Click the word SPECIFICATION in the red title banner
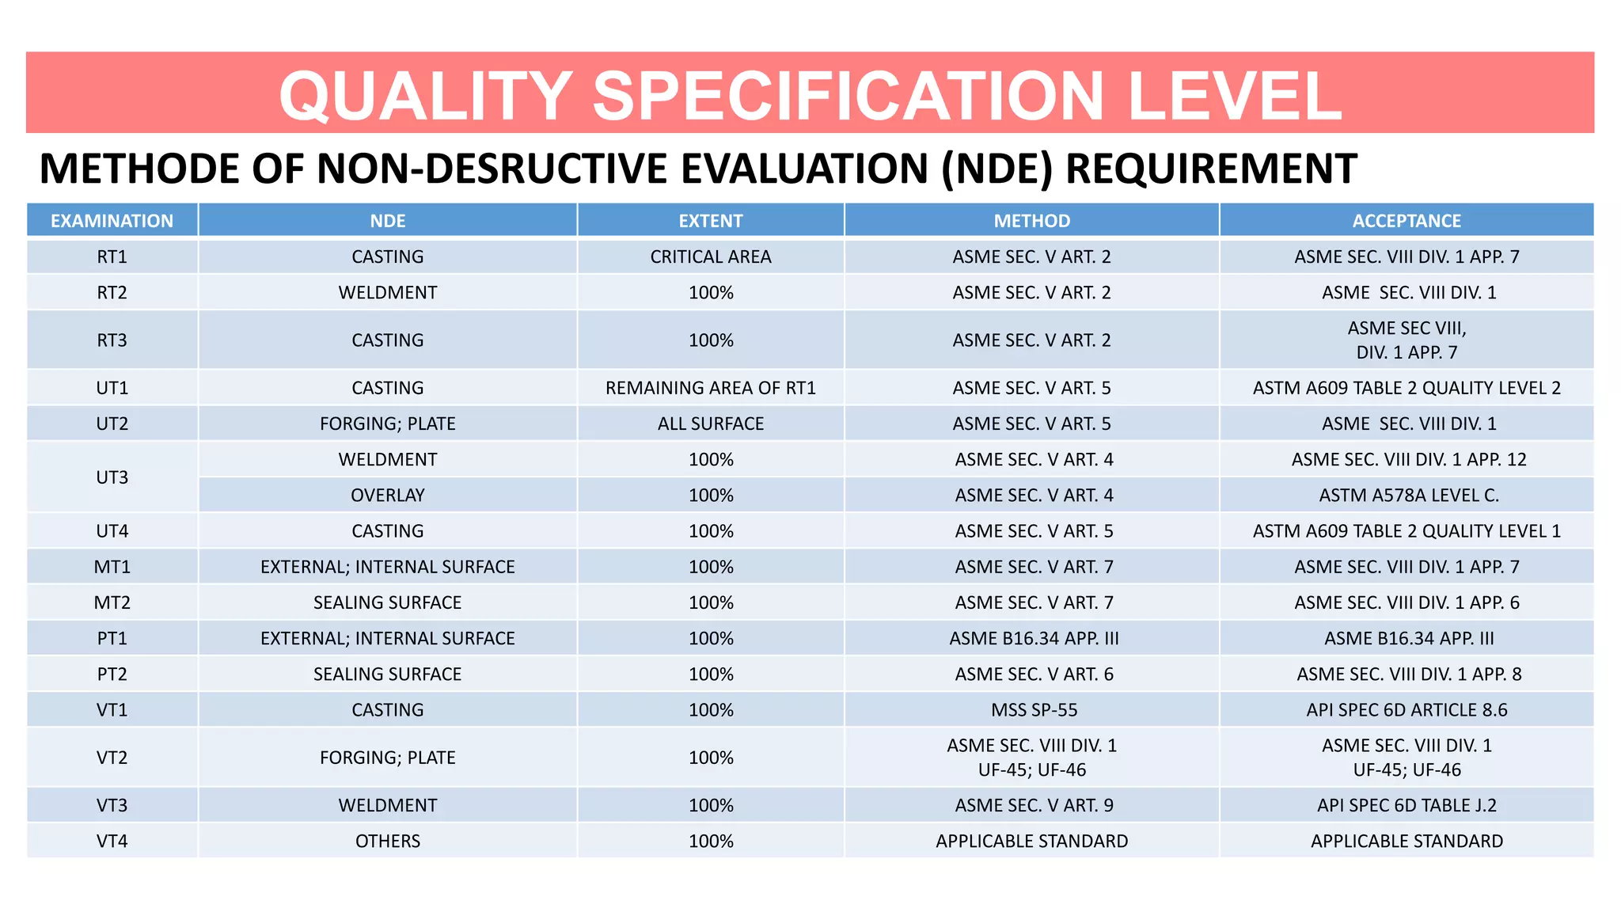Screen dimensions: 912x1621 (x=848, y=96)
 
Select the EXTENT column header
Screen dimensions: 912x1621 (x=710, y=221)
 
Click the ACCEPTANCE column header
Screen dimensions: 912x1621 (x=1406, y=221)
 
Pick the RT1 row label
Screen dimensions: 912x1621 (x=112, y=256)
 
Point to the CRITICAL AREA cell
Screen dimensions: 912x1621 (x=710, y=256)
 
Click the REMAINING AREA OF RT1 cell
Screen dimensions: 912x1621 (x=710, y=388)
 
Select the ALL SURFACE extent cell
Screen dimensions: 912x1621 (x=710, y=424)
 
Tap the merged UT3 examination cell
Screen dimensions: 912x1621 (x=112, y=477)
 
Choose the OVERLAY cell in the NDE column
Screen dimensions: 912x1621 (x=387, y=496)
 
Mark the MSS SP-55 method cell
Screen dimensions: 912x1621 (x=1034, y=710)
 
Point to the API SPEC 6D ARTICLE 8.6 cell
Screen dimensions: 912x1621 (x=1407, y=710)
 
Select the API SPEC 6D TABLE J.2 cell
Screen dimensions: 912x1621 (x=1407, y=805)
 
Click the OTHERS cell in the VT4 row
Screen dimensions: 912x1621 (x=387, y=841)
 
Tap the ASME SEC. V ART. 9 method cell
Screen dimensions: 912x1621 (x=1034, y=805)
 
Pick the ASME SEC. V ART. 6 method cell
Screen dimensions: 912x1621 (x=1034, y=674)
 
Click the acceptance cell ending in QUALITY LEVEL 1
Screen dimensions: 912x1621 (x=1407, y=531)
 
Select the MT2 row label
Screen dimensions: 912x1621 (x=112, y=602)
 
